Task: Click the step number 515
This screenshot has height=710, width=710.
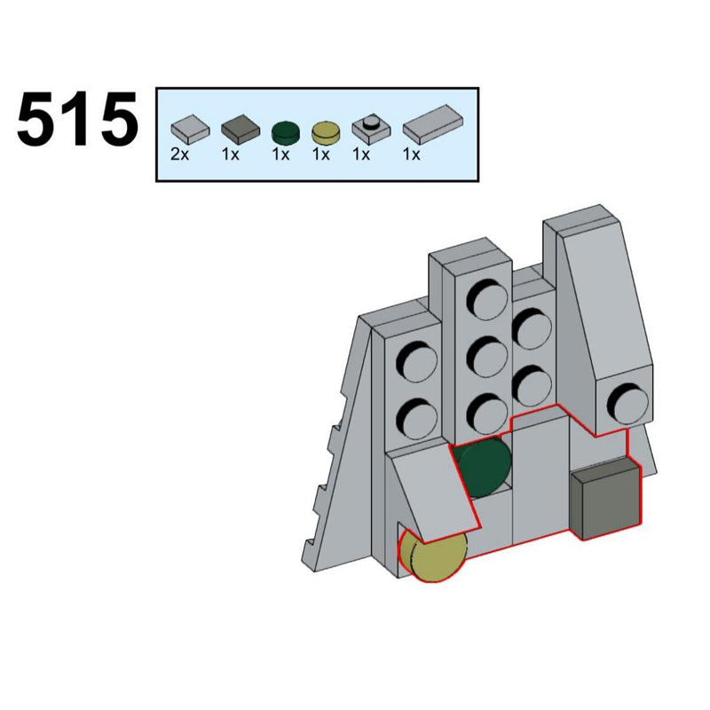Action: coord(77,119)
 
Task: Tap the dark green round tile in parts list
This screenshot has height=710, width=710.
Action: coord(286,132)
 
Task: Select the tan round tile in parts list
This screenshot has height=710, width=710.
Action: coord(326,131)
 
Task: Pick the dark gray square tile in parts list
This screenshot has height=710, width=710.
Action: coord(241,126)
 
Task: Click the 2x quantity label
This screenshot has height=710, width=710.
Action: coord(180,154)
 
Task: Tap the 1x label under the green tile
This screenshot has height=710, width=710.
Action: coord(280,154)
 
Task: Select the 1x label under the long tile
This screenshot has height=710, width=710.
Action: coord(412,154)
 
